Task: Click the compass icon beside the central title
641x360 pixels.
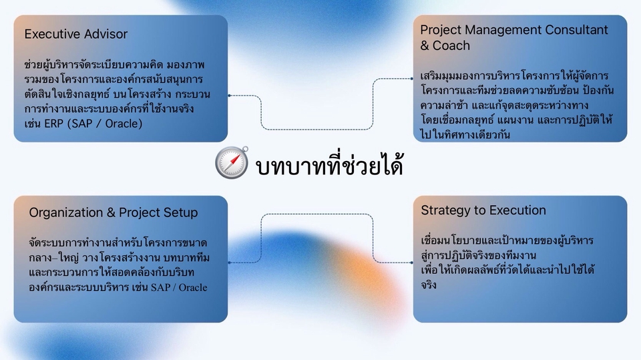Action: coord(232,163)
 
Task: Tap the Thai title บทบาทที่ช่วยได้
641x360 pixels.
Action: coord(329,164)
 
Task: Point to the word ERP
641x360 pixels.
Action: coord(53,124)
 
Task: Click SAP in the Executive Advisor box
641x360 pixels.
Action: coord(81,124)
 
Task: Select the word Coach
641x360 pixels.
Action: coord(451,45)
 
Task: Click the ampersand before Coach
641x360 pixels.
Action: coord(425,46)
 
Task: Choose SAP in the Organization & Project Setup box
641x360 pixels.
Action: coord(161,287)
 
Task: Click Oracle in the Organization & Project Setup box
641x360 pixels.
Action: coord(193,287)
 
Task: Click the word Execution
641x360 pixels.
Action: coord(517,210)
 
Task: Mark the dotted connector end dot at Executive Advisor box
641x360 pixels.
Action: coord(229,96)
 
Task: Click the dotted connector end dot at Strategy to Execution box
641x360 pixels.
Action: coord(412,262)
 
